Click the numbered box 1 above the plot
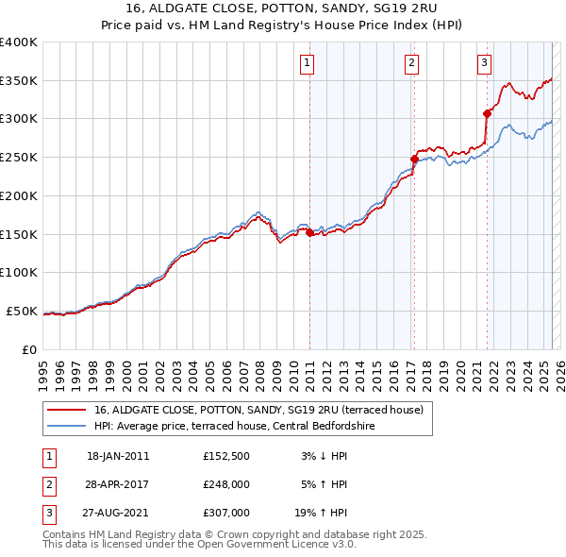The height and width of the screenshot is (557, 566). (x=308, y=63)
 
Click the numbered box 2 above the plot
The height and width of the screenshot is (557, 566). (x=412, y=63)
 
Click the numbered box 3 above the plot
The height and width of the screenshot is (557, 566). (x=484, y=63)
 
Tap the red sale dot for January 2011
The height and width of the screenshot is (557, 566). (x=309, y=231)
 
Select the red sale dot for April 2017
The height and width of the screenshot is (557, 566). (x=414, y=159)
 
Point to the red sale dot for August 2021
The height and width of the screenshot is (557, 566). (x=488, y=113)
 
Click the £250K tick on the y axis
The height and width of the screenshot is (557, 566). (x=18, y=157)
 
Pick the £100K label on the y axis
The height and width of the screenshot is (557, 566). (x=18, y=272)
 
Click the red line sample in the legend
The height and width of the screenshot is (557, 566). (x=66, y=410)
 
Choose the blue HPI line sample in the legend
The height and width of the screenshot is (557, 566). (x=66, y=426)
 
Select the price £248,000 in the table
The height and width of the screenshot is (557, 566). (x=226, y=484)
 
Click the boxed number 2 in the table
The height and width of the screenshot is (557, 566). (x=48, y=485)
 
